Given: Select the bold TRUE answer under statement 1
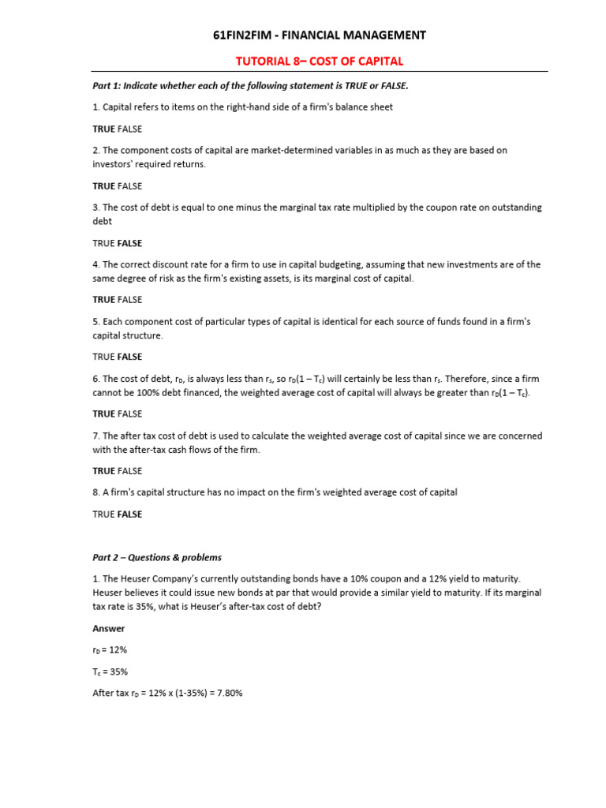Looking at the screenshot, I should tap(104, 129).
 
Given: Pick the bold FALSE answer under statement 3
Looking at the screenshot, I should tap(130, 243).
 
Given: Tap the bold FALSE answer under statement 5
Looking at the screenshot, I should tap(130, 357).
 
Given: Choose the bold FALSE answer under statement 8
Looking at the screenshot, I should tap(130, 514).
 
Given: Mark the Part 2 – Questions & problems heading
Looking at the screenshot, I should tap(157, 557).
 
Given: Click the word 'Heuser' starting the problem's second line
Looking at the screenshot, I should tap(108, 593).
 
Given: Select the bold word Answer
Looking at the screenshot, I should tap(109, 629).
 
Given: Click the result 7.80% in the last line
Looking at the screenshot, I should tap(226, 694).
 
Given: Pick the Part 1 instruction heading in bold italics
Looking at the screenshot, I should tap(251, 85).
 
